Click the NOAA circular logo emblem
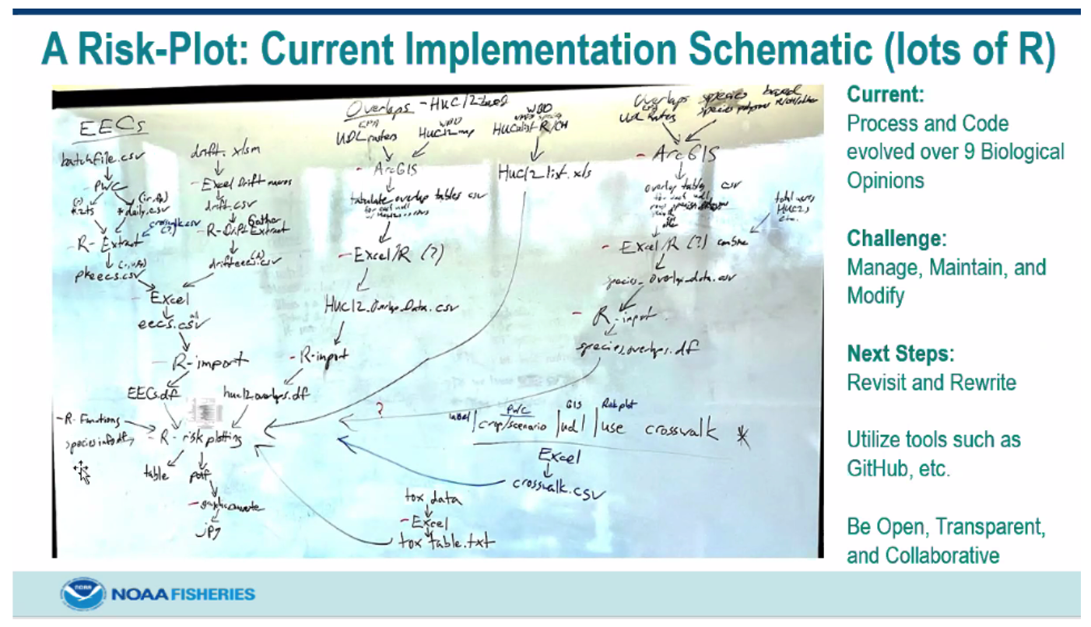pos(83,594)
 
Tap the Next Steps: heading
pos(900,354)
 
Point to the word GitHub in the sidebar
pos(880,469)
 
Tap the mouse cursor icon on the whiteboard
pos(82,470)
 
